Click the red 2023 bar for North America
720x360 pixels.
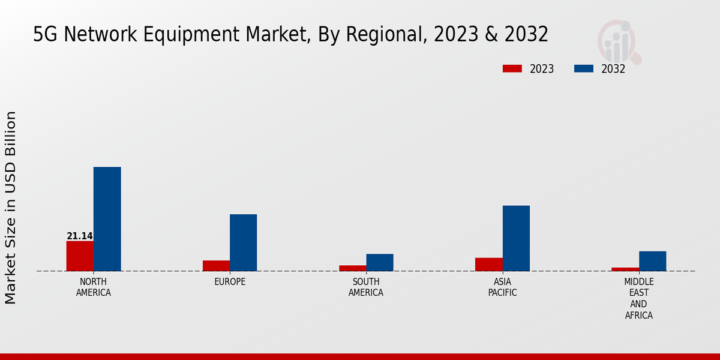[x=80, y=256]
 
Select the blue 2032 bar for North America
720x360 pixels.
[x=107, y=219]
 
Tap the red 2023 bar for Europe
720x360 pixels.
[x=216, y=266]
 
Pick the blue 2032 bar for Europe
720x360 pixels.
[x=243, y=242]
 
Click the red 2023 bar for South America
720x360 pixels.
[x=352, y=268]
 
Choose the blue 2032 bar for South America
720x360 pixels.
[x=380, y=262]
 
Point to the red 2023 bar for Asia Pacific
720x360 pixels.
[x=488, y=265]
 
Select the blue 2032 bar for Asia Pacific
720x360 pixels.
[x=516, y=238]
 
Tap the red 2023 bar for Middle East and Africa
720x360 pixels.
[x=625, y=269]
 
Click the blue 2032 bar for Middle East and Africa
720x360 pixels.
[x=652, y=261]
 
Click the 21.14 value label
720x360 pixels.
[x=80, y=236]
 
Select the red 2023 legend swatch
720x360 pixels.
[x=512, y=68]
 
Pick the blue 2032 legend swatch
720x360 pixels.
[x=583, y=68]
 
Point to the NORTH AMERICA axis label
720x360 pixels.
[x=94, y=287]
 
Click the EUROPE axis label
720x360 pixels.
[x=230, y=282]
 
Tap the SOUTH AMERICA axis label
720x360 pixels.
[x=366, y=287]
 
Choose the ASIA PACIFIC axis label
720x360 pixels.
[x=502, y=287]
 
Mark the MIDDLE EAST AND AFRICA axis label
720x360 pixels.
[x=638, y=298]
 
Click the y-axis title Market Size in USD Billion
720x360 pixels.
[x=11, y=207]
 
